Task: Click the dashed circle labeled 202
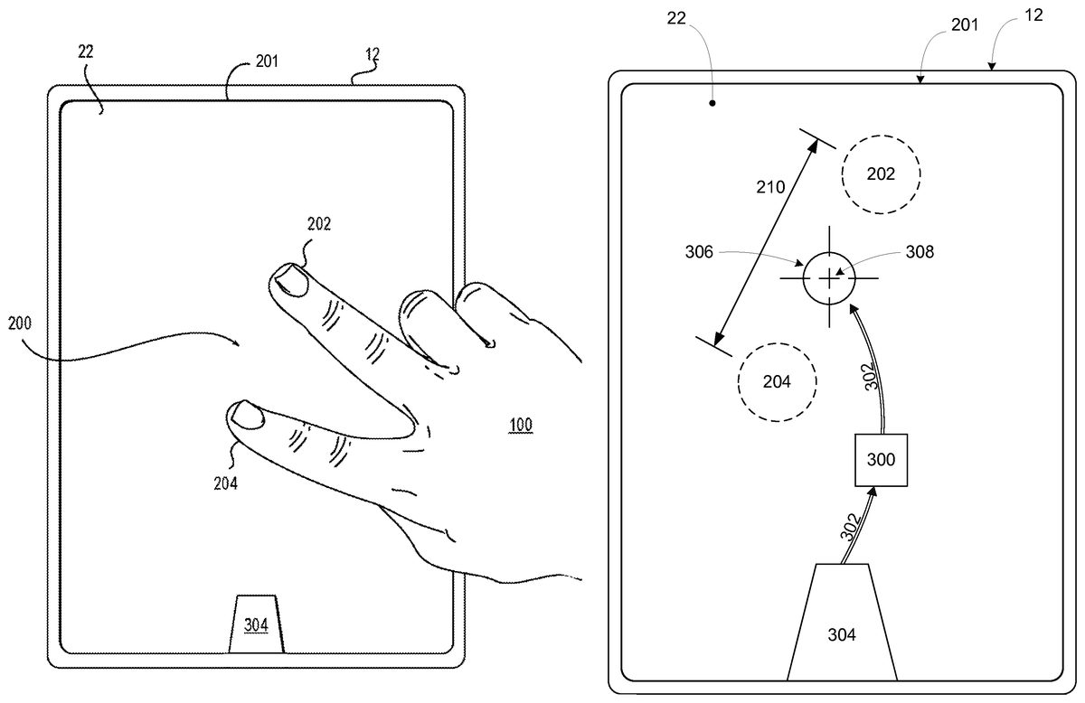[x=881, y=174]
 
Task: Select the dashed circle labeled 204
[x=777, y=381]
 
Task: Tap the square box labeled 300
[x=881, y=460]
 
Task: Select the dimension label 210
[x=772, y=187]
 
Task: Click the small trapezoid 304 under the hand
[x=256, y=624]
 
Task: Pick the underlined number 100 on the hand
[x=520, y=424]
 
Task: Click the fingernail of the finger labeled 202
[x=291, y=279]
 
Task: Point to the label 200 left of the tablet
[x=24, y=323]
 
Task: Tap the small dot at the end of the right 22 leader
[x=712, y=103]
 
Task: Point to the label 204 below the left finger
[x=225, y=483]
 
